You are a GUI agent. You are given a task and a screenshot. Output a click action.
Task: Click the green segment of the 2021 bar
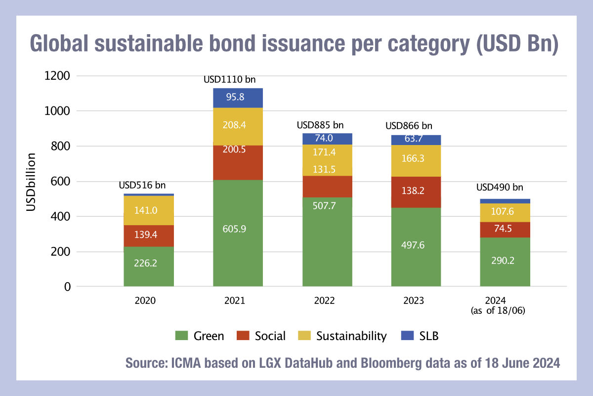click(x=238, y=233)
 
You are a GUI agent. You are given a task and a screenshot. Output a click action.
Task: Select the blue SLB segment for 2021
click(x=238, y=98)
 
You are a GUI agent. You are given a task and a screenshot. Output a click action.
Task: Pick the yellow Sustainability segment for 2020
click(x=149, y=210)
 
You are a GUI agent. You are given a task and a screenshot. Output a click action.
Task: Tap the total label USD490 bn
click(x=500, y=188)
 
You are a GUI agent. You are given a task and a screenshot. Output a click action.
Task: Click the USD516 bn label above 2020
click(x=143, y=185)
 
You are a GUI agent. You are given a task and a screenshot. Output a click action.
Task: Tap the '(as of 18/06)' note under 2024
click(x=505, y=310)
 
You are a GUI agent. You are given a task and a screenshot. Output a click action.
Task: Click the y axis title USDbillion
click(x=31, y=181)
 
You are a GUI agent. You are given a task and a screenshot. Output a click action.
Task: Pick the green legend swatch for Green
click(x=181, y=336)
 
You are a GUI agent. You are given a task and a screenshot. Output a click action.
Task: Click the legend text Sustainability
click(x=351, y=336)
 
